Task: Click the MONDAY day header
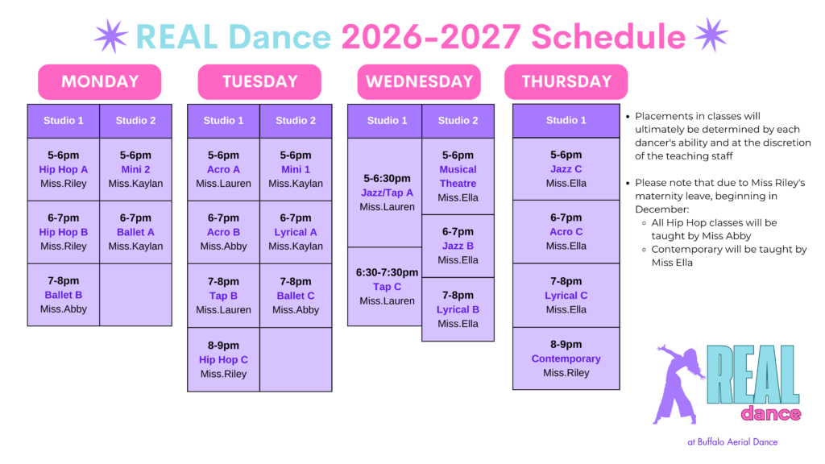(x=99, y=81)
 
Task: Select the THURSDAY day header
(x=566, y=81)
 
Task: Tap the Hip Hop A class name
(x=63, y=169)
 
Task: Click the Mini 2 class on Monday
(x=135, y=169)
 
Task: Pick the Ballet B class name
(x=63, y=295)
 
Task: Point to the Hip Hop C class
(x=223, y=360)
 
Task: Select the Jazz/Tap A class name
(x=387, y=193)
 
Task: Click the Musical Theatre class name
(x=458, y=176)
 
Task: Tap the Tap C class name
(x=387, y=287)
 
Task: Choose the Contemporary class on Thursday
(x=566, y=358)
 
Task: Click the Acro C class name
(x=566, y=231)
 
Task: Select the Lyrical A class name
(x=296, y=232)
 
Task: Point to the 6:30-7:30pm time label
(x=387, y=272)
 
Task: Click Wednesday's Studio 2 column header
(x=458, y=121)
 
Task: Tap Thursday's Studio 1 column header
(x=566, y=121)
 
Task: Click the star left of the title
(x=111, y=35)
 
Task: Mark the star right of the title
(x=711, y=35)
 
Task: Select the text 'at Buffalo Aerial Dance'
(x=732, y=442)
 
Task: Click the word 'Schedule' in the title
(x=608, y=37)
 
